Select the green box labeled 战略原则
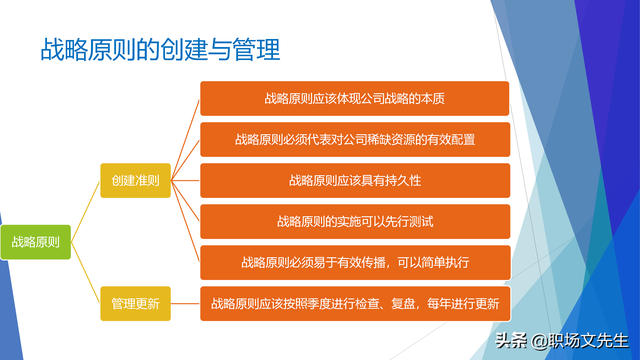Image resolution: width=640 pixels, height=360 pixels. click(x=35, y=241)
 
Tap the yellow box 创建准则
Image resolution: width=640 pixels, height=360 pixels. click(x=135, y=180)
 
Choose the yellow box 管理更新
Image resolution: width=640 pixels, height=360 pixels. click(x=135, y=302)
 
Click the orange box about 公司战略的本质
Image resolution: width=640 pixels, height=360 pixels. click(x=355, y=99)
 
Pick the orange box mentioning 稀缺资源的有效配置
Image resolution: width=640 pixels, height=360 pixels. click(x=355, y=140)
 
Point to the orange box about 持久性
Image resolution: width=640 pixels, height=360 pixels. click(x=355, y=180)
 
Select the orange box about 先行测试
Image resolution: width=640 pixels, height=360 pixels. click(x=355, y=221)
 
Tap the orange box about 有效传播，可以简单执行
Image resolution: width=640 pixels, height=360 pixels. click(x=355, y=262)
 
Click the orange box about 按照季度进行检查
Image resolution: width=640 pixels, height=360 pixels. click(x=355, y=302)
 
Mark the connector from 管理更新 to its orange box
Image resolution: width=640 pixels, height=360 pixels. click(x=185, y=302)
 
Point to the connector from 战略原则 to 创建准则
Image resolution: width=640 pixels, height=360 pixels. click(x=86, y=210)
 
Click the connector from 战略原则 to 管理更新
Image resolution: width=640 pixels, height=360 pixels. click(x=86, y=272)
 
